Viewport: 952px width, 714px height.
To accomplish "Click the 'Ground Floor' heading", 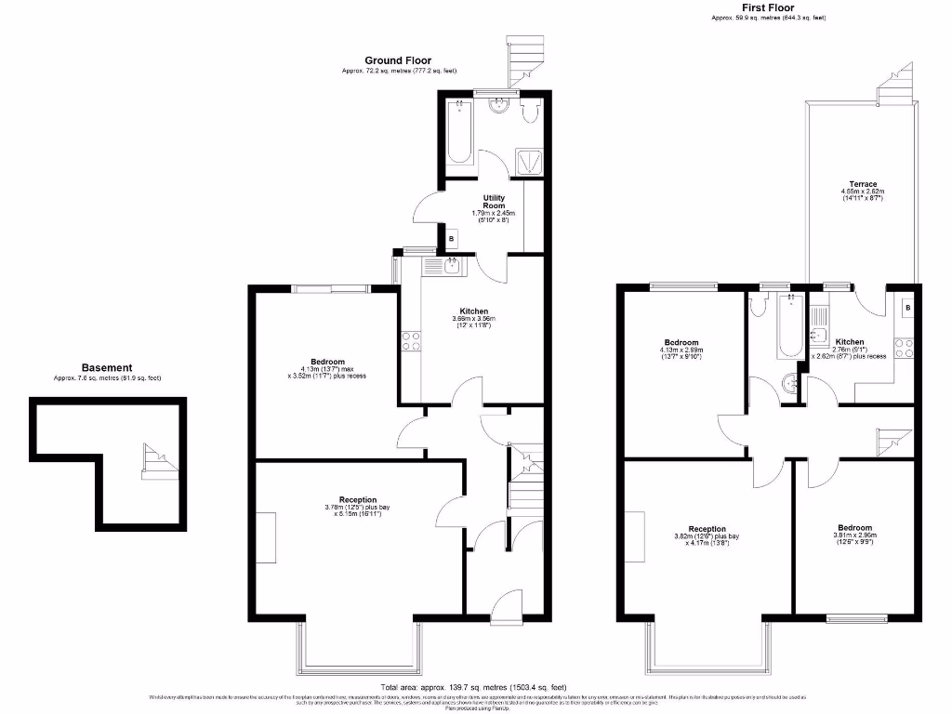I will point(397,60).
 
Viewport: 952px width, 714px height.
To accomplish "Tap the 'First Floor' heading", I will point(767,7).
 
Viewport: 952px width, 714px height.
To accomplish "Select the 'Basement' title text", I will point(107,368).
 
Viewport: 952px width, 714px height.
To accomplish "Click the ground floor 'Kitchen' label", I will point(473,311).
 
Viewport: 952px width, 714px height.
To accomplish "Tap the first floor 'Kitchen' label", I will point(849,342).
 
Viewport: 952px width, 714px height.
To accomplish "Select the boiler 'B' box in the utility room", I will point(452,239).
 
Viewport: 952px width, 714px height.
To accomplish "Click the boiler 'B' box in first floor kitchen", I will point(907,308).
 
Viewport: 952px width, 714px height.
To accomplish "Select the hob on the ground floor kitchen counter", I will point(410,341).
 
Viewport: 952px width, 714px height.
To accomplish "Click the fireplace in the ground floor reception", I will point(265,537).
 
